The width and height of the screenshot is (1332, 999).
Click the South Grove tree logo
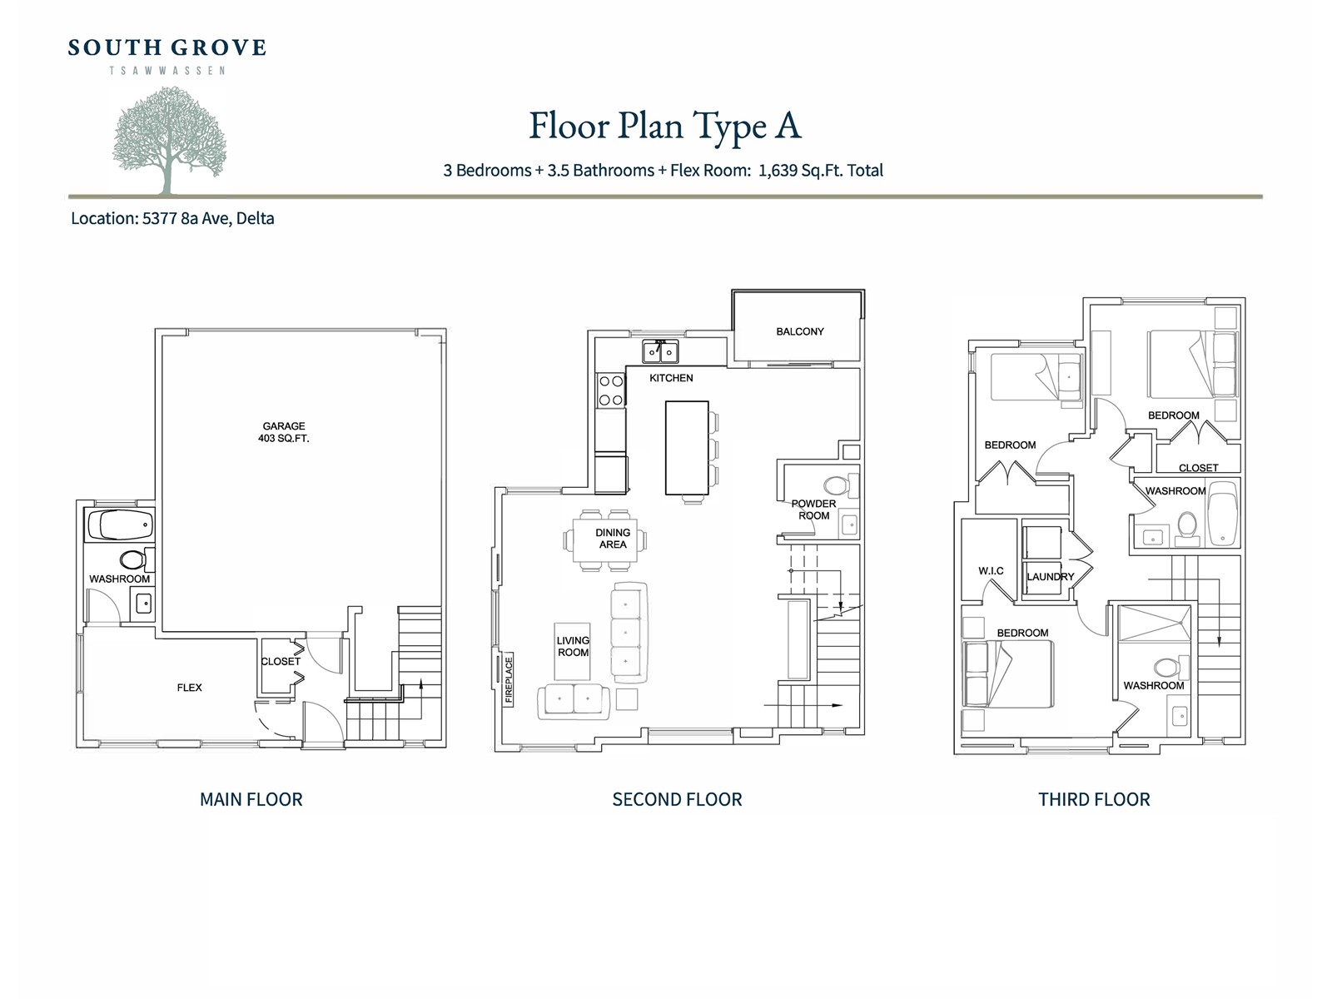click(169, 140)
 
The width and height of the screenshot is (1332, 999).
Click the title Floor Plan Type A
click(665, 127)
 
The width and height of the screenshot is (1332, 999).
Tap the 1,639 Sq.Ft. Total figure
click(821, 171)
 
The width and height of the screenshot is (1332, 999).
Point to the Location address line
click(172, 218)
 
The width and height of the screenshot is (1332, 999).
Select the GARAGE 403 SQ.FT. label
click(283, 432)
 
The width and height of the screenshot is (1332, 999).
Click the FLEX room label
click(189, 688)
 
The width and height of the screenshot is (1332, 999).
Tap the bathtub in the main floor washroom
click(121, 524)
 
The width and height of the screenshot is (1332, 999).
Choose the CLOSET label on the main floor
click(281, 661)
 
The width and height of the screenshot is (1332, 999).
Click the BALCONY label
click(800, 331)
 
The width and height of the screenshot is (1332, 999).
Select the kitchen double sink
click(660, 351)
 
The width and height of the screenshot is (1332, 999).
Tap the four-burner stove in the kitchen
click(611, 390)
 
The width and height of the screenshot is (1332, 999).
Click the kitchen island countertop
click(687, 448)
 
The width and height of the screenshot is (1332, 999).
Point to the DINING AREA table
click(605, 539)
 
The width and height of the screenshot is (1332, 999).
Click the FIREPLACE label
click(509, 680)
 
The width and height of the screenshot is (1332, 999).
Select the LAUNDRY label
click(1051, 577)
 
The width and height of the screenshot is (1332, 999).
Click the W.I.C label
click(991, 571)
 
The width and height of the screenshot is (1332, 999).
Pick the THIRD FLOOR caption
click(1094, 799)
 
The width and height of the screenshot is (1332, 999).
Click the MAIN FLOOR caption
click(251, 799)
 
